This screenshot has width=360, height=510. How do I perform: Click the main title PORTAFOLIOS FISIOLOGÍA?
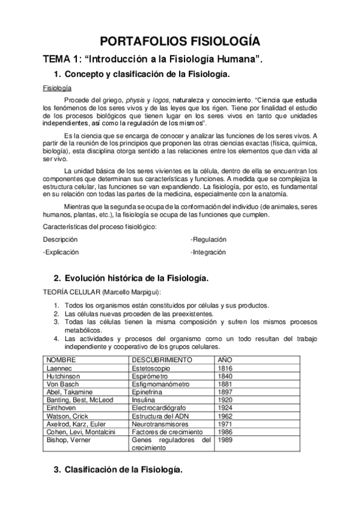tap(180, 41)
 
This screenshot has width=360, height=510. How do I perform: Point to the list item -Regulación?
tap(209, 239)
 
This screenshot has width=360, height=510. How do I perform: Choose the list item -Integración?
tap(209, 252)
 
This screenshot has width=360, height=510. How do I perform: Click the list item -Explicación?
tap(61, 252)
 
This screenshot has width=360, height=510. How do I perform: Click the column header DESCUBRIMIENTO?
tap(162, 360)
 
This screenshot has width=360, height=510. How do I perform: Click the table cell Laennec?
tap(60, 367)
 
